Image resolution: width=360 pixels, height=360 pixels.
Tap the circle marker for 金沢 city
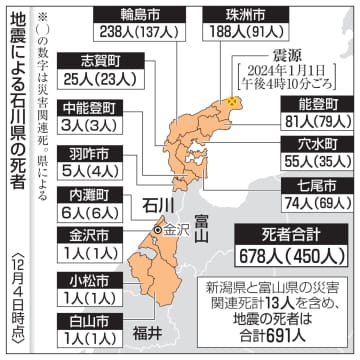coord(157,231)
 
